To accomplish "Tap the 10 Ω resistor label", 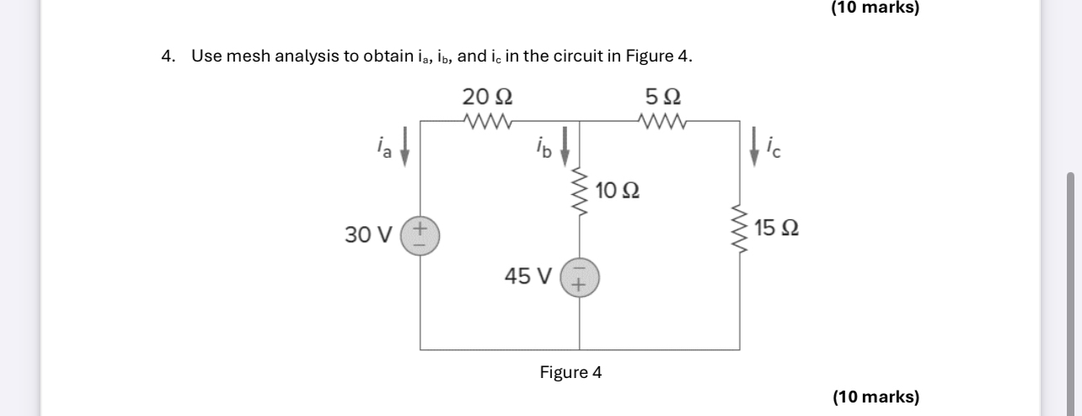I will coord(616,191).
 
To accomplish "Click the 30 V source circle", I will coord(420,235).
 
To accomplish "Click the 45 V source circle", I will coord(579,278).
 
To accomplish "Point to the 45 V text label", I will coord(528,276).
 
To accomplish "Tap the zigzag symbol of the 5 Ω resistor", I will coord(662,120).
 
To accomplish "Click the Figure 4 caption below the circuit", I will coord(570,372).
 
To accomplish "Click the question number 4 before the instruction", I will coord(169,57).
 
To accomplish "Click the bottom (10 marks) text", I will coord(876,397).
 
